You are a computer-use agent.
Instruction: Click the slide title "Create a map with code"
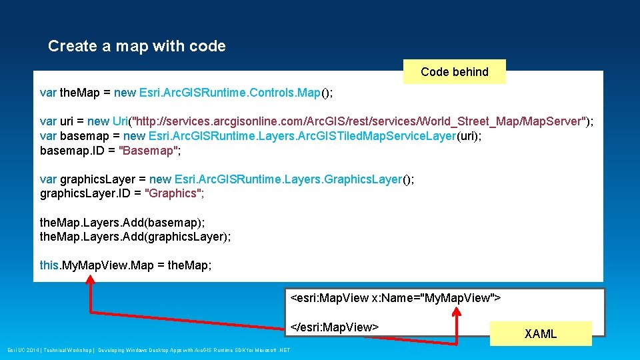[x=137, y=46]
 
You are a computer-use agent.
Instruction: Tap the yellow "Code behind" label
[x=455, y=72]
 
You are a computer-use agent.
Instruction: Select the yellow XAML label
[x=540, y=334]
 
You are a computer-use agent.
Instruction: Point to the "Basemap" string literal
[x=149, y=151]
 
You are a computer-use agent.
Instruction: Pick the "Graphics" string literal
[x=174, y=194]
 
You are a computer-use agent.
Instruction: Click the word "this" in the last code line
[x=49, y=265]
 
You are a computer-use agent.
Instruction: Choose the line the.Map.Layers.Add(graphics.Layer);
[x=135, y=237]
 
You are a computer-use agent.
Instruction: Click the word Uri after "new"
[x=120, y=121]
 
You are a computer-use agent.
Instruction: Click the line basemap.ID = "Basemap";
[x=110, y=151]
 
